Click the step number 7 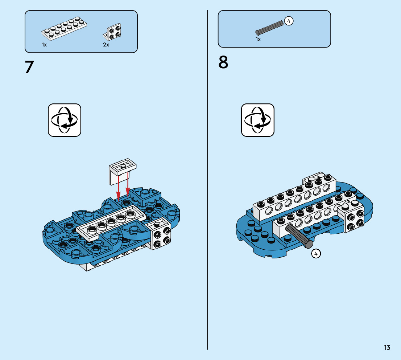point(29,67)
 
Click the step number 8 point(223,62)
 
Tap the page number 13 point(387,348)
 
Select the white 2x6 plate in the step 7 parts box point(65,28)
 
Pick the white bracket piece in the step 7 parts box point(113,32)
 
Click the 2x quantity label point(106,45)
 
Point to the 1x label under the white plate point(44,45)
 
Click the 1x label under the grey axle point(258,39)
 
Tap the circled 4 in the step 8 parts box point(289,21)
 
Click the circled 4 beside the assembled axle point(316,254)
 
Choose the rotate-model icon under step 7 point(65,120)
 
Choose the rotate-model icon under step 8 point(258,120)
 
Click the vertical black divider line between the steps point(208,181)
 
